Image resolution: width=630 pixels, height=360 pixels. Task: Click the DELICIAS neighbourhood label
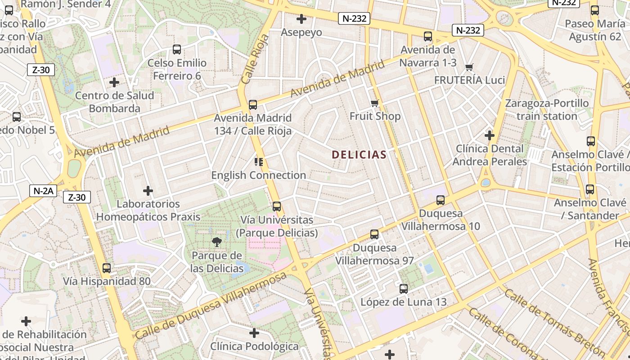(x=359, y=155)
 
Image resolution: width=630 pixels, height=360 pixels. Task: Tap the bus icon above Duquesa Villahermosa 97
(x=374, y=234)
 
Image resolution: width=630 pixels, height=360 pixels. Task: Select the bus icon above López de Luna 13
(x=404, y=289)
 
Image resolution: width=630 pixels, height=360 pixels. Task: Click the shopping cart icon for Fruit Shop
(x=375, y=103)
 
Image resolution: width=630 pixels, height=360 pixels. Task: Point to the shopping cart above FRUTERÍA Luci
(x=469, y=67)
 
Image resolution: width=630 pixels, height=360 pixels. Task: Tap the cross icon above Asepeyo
(x=301, y=19)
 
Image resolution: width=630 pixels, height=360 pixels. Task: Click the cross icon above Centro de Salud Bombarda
(x=114, y=82)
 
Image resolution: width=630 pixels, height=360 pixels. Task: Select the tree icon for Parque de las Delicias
(x=217, y=242)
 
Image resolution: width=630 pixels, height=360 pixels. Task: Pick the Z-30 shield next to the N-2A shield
(x=77, y=197)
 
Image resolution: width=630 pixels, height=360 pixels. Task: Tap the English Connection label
(x=259, y=175)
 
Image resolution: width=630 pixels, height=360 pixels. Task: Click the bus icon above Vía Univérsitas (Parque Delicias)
(x=277, y=207)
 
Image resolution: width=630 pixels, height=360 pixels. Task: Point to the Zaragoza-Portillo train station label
(x=547, y=110)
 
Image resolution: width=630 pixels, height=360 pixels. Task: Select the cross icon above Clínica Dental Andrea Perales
(x=490, y=135)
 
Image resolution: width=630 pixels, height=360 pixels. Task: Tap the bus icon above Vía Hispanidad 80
(x=107, y=268)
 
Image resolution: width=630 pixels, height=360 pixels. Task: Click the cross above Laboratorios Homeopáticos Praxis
(x=148, y=191)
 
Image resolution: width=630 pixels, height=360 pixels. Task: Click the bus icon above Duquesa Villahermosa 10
(x=441, y=200)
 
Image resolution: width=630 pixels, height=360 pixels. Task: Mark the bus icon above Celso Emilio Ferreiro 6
(x=177, y=49)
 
